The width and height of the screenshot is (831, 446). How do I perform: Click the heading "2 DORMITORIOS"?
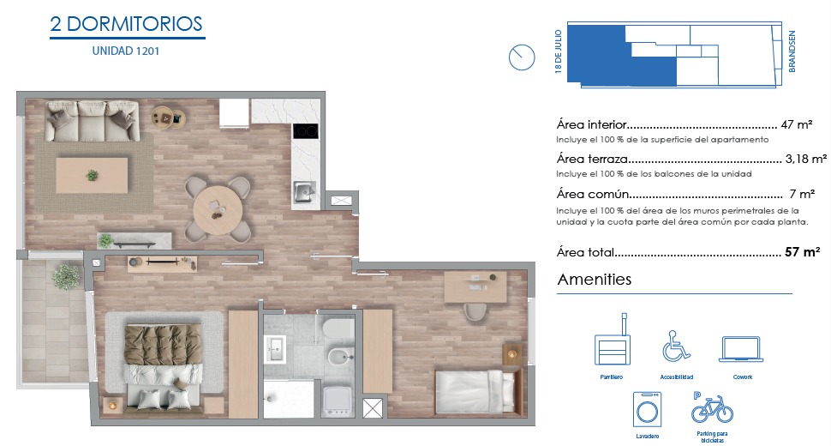[126, 24]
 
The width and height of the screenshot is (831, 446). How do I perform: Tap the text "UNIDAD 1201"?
[126, 51]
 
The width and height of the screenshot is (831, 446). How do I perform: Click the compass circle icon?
[522, 57]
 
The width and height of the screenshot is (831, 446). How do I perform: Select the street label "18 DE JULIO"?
[558, 51]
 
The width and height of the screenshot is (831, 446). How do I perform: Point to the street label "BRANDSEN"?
[792, 51]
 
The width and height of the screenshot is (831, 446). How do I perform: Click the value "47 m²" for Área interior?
[797, 124]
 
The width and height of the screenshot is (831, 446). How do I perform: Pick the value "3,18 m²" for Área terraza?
[805, 159]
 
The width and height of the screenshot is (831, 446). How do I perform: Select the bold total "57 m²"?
[803, 252]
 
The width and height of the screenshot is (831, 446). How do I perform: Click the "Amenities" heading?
[595, 280]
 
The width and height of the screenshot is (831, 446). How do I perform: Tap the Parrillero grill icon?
[613, 340]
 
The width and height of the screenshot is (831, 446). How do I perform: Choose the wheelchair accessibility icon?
[676, 346]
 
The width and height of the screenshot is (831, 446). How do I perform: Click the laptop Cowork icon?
[741, 349]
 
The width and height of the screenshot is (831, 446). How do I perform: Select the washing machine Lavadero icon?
[647, 409]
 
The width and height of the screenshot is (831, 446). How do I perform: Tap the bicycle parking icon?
[712, 407]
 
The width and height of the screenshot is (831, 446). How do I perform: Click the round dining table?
[218, 210]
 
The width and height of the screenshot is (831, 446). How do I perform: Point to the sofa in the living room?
[93, 121]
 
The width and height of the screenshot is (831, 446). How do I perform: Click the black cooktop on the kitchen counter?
[306, 130]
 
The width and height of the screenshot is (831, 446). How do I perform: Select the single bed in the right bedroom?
[475, 391]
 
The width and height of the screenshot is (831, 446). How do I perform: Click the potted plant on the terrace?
[66, 276]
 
